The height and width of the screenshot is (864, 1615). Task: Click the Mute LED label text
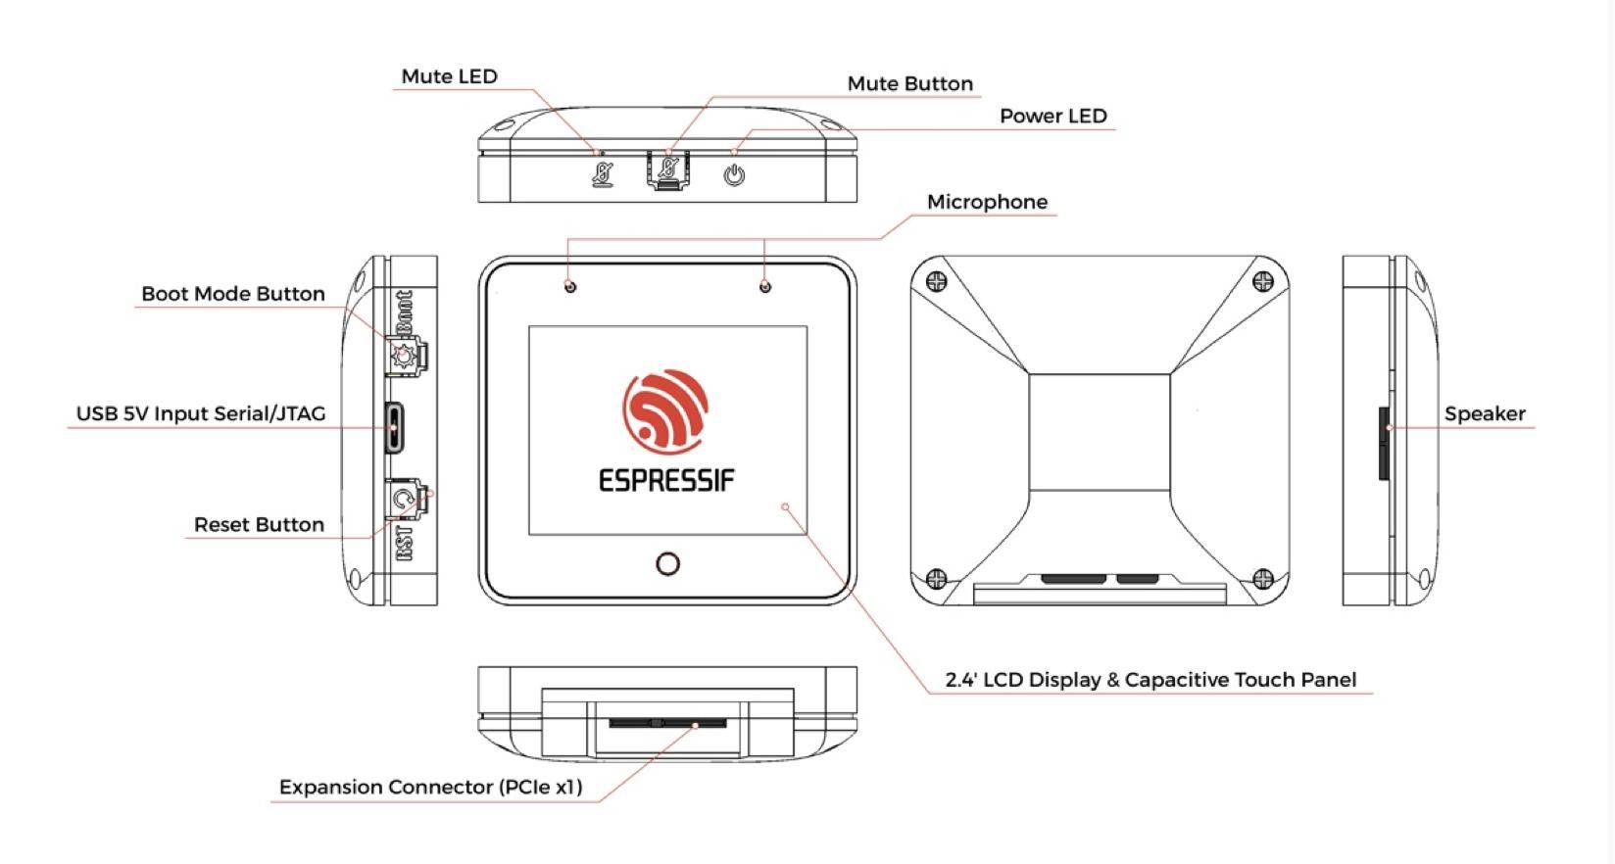click(x=449, y=76)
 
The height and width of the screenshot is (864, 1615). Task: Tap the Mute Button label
click(x=909, y=84)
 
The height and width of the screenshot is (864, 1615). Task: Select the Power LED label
click(x=1052, y=116)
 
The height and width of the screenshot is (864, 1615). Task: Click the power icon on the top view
click(x=734, y=175)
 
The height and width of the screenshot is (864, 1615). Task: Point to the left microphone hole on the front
click(x=570, y=286)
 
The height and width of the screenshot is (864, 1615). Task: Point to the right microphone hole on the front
click(x=765, y=286)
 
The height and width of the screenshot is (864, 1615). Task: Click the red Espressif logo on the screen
click(x=665, y=409)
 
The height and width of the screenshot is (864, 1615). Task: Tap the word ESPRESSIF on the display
click(x=666, y=480)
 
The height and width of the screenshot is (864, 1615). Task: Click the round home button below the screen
click(x=667, y=563)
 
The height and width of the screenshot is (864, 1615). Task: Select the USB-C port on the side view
click(x=394, y=427)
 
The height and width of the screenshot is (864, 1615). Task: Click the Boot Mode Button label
click(x=232, y=294)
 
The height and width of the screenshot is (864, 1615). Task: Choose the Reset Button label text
click(x=259, y=525)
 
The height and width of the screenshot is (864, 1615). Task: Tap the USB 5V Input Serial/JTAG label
click(x=201, y=413)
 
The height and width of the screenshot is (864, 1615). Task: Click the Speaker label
click(x=1484, y=413)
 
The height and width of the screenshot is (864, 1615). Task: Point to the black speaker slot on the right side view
click(x=1384, y=444)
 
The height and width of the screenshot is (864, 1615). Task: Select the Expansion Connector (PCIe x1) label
click(x=430, y=787)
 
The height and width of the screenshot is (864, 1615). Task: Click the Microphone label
click(x=987, y=202)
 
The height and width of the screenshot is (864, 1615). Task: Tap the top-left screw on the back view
click(x=937, y=282)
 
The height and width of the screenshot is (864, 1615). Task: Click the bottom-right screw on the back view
click(x=1263, y=578)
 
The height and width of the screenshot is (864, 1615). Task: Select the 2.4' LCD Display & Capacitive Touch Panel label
click(x=1150, y=680)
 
